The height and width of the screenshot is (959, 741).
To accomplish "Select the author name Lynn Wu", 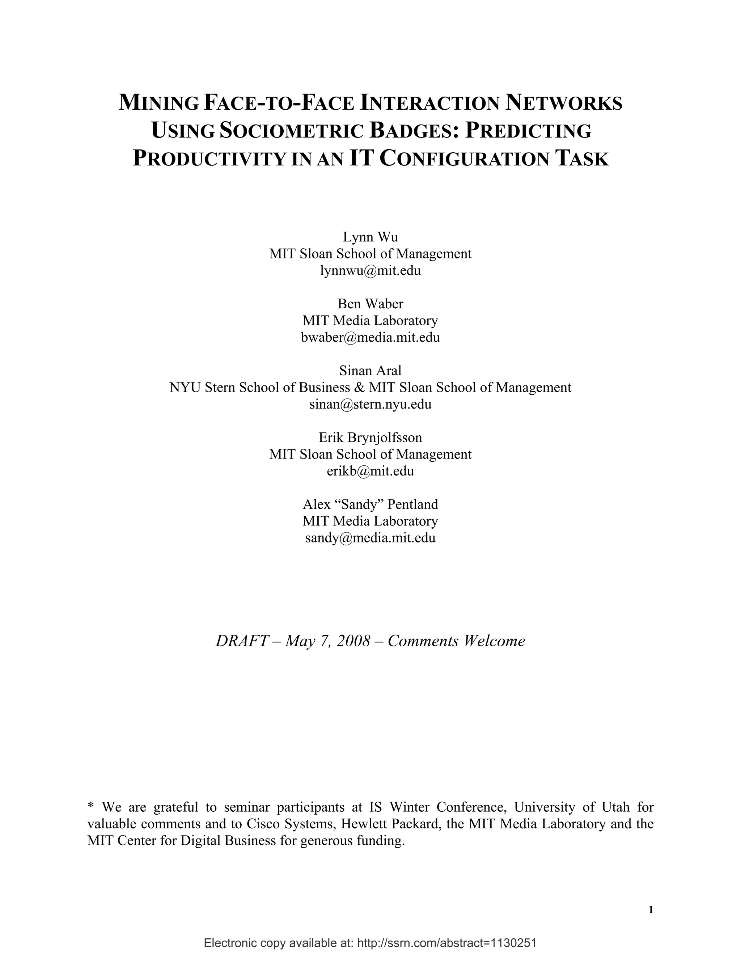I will (370, 237).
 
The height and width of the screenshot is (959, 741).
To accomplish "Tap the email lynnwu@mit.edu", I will (370, 270).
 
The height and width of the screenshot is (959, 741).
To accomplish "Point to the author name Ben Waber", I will (370, 304).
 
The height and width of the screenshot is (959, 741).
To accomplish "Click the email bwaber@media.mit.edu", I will (370, 337).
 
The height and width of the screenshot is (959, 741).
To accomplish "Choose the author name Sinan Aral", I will (370, 371).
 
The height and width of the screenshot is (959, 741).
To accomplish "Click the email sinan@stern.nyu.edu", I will (370, 404).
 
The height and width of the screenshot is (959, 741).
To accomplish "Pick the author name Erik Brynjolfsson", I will (370, 438).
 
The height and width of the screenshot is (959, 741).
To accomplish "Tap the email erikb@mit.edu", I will (370, 471).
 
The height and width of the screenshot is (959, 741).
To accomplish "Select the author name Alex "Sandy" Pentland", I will (370, 504).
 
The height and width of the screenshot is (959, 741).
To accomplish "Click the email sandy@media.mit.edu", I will (370, 538).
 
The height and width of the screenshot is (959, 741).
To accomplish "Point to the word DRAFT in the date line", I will (241, 641).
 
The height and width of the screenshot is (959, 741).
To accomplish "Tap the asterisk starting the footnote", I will (91, 806).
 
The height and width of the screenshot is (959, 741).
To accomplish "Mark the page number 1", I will (651, 910).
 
